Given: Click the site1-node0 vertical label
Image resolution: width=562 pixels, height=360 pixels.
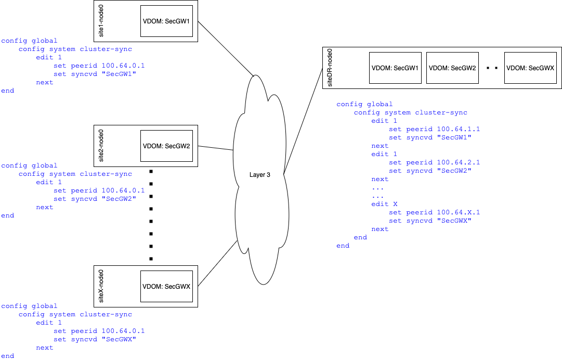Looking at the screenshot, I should pyautogui.click(x=101, y=21).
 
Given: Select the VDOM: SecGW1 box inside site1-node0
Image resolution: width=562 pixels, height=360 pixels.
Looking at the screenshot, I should pyautogui.click(x=166, y=21).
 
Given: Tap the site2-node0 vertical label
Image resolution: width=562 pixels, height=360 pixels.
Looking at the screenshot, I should pyautogui.click(x=101, y=146).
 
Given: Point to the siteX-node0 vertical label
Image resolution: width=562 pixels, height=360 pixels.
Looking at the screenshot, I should pyautogui.click(x=101, y=286).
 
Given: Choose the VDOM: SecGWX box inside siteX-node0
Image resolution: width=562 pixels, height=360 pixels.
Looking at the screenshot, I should pyautogui.click(x=166, y=287).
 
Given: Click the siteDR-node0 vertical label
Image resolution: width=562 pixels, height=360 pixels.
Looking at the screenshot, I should pyautogui.click(x=330, y=68).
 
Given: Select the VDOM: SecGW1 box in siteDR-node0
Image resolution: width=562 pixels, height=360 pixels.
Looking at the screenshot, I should pyautogui.click(x=395, y=68).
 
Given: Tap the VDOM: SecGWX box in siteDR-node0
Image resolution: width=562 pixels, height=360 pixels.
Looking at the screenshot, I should pyautogui.click(x=530, y=68).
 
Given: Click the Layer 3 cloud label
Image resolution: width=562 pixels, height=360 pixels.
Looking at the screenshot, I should pyautogui.click(x=259, y=175).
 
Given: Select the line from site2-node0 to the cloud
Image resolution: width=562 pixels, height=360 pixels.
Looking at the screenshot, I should pyautogui.click(x=215, y=148).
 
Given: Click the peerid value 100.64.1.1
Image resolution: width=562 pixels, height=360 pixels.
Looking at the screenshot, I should pyautogui.click(x=458, y=129).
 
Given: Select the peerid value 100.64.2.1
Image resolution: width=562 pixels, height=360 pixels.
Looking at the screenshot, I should pyautogui.click(x=458, y=162).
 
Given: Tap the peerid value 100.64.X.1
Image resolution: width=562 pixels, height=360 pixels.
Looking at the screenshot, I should pyautogui.click(x=458, y=212).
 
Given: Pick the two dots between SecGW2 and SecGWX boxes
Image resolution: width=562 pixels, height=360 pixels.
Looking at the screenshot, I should pyautogui.click(x=492, y=68).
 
